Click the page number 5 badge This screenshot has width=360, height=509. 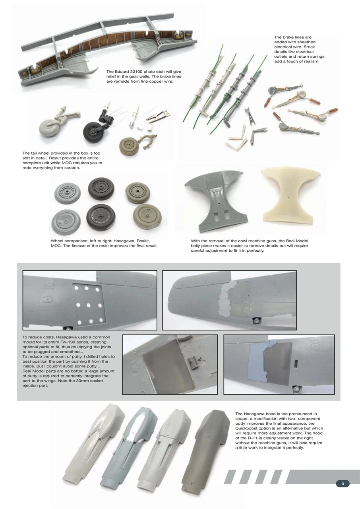(x=343, y=484)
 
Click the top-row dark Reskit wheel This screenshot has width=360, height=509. (x=101, y=188)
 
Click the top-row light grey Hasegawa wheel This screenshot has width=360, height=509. (x=67, y=192)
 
